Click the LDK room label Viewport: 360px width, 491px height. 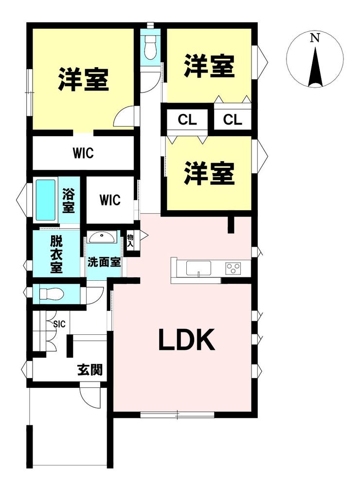[x=187, y=340]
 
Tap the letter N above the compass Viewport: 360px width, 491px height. [x=315, y=38]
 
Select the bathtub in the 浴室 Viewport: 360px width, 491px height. [x=46, y=200]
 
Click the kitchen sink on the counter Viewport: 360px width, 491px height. [x=198, y=268]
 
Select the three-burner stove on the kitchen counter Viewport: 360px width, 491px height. [x=233, y=268]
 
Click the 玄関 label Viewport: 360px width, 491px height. [x=90, y=370]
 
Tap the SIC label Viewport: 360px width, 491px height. [x=59, y=324]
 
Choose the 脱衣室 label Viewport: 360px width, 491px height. [x=56, y=255]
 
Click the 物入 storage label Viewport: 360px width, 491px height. [x=130, y=241]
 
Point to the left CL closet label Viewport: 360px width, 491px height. [x=187, y=120]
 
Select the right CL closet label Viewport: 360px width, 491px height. [x=233, y=120]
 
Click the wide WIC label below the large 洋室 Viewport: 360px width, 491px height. [x=83, y=153]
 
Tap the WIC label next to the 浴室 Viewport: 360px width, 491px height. [x=110, y=200]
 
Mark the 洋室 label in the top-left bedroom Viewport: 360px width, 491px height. [x=83, y=79]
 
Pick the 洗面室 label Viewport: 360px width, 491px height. [x=104, y=262]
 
